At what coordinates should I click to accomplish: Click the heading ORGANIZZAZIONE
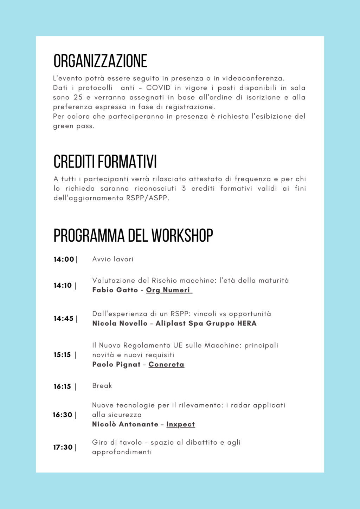pos(100,61)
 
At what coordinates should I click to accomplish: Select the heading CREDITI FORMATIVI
pos(105,162)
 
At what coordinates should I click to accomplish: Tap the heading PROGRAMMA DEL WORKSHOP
pos(133,235)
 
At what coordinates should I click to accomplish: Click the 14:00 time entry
pos(64,259)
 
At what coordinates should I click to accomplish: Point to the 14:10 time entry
pos(63,285)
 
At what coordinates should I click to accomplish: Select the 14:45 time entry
pos(64,319)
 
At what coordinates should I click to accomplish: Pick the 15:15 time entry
pos(63,355)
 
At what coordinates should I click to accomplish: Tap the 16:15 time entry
pos(63,386)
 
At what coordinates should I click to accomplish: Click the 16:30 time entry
pos(63,415)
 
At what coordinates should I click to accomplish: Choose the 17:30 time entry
pos(63,447)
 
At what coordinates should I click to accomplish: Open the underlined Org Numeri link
pos(169,290)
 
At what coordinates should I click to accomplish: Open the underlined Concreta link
pos(166,365)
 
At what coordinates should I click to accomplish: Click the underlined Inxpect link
pos(180,424)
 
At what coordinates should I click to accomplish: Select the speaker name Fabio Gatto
pos(115,290)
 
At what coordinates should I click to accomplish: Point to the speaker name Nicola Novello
pos(120,323)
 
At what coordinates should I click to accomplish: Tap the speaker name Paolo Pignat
pos(116,365)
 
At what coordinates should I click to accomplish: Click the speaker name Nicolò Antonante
pos(125,424)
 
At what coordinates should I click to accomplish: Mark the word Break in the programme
pos(102,386)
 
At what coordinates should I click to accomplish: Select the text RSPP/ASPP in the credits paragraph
pos(147,198)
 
